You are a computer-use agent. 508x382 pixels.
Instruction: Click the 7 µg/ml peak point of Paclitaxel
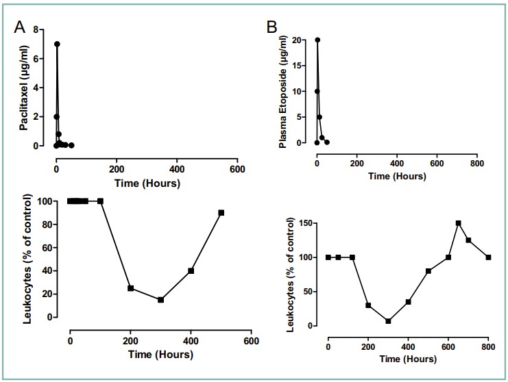[57, 44]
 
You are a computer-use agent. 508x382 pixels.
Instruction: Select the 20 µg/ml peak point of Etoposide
[317, 40]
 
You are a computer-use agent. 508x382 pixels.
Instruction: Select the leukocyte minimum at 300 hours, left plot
[161, 300]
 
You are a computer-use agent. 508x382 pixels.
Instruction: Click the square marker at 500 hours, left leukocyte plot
[221, 213]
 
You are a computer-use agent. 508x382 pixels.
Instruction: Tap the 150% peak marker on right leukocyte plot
[458, 223]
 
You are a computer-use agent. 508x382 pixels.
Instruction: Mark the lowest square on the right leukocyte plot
[388, 321]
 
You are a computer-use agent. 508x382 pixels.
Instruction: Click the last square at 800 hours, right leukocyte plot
[489, 257]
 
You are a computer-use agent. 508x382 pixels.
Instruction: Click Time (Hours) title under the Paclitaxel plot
[147, 183]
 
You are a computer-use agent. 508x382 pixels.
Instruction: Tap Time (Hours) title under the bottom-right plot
[409, 358]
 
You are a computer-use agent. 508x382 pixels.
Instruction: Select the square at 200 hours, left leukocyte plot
[130, 288]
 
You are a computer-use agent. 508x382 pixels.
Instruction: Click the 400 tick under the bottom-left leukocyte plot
[191, 341]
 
